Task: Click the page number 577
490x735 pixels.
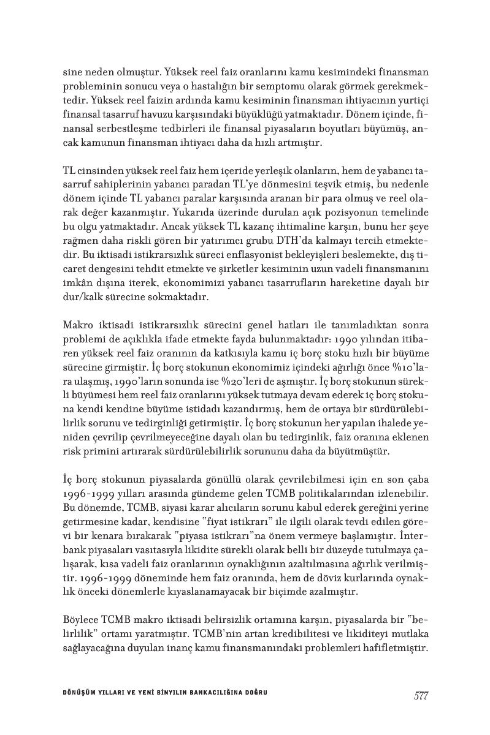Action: [420, 695]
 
